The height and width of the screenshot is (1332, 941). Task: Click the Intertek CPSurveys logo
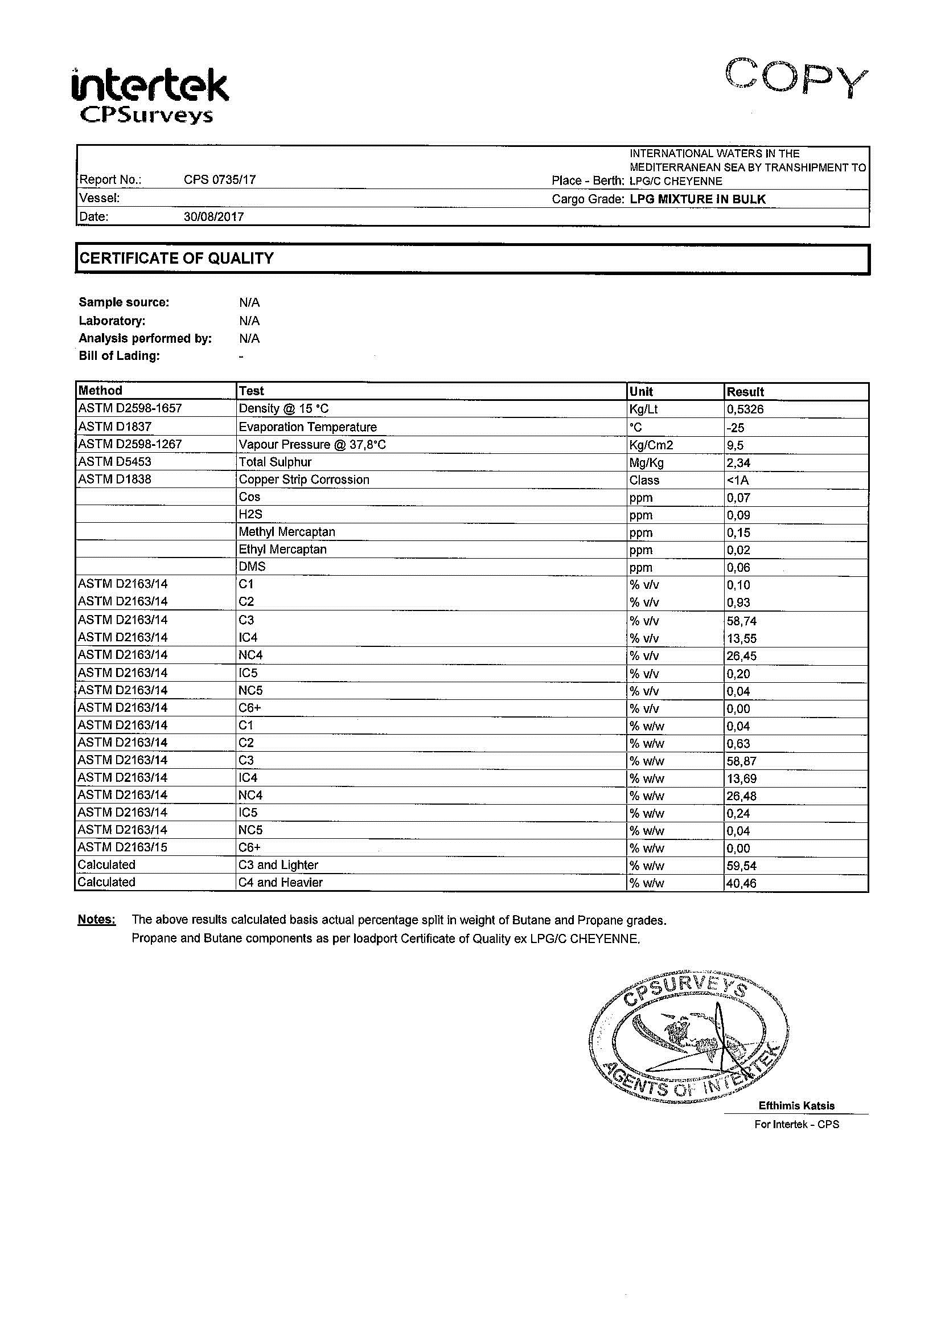[150, 96]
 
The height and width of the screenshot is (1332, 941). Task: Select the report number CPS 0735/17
[220, 180]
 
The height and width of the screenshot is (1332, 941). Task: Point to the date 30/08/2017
[213, 217]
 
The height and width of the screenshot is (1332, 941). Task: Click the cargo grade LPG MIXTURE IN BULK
[697, 199]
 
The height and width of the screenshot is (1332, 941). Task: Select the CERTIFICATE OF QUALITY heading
[176, 259]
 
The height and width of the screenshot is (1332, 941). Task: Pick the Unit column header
[640, 392]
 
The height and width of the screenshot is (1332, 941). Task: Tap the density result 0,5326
[745, 409]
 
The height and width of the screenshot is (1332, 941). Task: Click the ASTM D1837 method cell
[115, 427]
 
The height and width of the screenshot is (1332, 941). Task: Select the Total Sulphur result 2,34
[738, 462]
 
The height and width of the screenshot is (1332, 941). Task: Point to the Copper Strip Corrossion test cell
[304, 479]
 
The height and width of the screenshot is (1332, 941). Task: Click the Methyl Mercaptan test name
[286, 532]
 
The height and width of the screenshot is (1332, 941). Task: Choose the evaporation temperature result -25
[735, 428]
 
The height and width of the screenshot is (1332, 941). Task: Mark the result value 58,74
[742, 621]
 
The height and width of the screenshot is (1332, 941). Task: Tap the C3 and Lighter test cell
[278, 865]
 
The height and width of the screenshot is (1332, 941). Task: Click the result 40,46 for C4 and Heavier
[742, 884]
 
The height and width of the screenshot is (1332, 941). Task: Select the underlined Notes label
[96, 920]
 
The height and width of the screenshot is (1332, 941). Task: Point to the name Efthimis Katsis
[796, 1106]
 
